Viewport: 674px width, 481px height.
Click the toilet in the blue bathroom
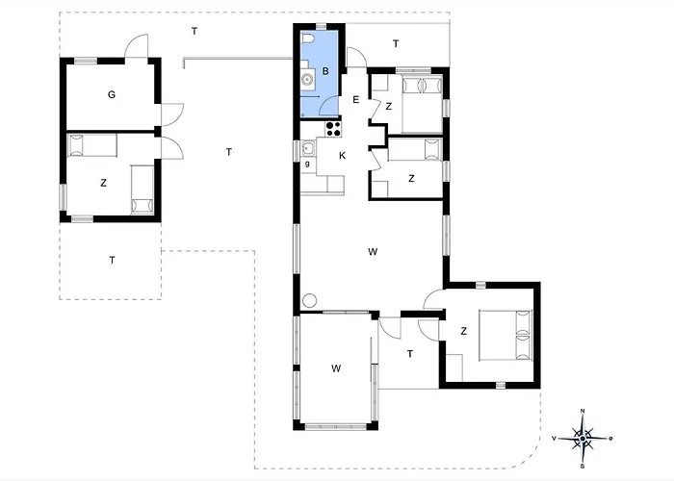308,39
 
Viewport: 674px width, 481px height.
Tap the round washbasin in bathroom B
307,80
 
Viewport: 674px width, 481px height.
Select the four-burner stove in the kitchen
333,129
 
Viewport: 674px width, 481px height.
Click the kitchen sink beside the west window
308,148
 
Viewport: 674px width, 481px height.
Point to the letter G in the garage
112,94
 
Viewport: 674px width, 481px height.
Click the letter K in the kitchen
342,156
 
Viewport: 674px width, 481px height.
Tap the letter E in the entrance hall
355,100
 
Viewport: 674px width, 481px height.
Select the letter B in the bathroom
325,71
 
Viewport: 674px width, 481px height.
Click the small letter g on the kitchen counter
307,164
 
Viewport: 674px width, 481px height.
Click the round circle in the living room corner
309,300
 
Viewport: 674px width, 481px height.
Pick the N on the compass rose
583,411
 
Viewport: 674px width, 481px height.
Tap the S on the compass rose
583,466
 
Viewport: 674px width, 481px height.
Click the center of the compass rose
583,439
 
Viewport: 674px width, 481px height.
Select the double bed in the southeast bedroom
505,335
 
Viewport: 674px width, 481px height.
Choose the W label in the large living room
373,252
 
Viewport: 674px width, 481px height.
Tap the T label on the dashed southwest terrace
113,261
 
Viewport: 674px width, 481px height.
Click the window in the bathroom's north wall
320,26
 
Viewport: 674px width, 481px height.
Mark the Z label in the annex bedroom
103,183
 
